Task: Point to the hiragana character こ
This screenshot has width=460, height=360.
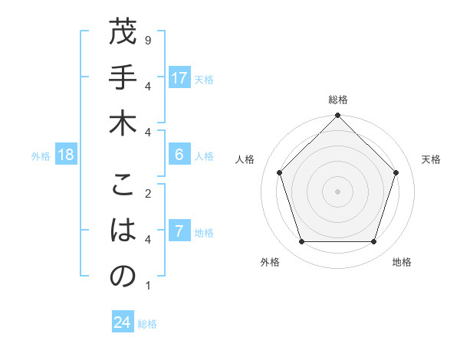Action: [x=123, y=186]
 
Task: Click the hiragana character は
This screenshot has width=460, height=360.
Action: [x=123, y=231]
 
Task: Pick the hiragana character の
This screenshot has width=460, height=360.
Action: [x=123, y=277]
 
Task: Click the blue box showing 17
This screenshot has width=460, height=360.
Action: [x=179, y=78]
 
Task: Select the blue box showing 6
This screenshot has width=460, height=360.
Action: [x=179, y=155]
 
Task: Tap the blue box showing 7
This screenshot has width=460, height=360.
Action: [x=179, y=231]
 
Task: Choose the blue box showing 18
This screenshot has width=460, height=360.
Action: [x=66, y=155]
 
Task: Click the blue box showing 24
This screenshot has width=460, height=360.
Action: [x=123, y=322]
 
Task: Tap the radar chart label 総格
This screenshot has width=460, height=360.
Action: [x=337, y=100]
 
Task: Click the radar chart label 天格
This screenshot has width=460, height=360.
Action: [x=431, y=159]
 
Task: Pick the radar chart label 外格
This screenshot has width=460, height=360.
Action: [x=270, y=262]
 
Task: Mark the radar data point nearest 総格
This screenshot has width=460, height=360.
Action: [x=337, y=116]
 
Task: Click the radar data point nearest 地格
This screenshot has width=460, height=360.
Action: [x=373, y=242]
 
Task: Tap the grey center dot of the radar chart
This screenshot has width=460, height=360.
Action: [x=337, y=191]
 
